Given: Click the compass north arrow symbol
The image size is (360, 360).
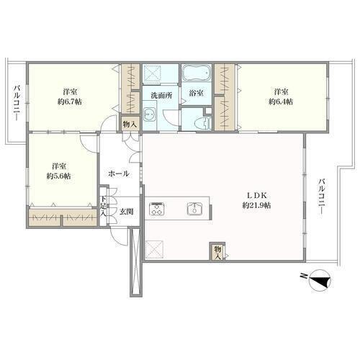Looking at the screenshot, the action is point(320,281).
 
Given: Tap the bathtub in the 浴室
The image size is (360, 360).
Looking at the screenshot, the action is point(197,73).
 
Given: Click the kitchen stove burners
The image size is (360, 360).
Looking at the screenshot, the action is point(157,209).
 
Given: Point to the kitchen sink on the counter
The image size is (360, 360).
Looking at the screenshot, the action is point(194,209).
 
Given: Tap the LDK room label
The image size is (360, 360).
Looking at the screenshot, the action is point(257,196).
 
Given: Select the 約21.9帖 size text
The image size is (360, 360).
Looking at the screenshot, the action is point(256,205).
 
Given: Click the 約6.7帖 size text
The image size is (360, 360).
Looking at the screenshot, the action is point(70,102).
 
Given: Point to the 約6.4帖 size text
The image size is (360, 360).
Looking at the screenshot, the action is point(281,102).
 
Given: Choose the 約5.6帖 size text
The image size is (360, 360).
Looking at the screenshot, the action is point(58,176).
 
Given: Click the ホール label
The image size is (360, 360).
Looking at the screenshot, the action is point(119,174).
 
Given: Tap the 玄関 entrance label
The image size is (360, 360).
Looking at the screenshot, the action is point(126,212).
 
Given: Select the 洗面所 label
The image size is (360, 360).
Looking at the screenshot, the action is point(161,96).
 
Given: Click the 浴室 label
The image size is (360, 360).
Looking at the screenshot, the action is point(197,94).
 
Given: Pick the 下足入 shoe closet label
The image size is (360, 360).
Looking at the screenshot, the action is point(103,206).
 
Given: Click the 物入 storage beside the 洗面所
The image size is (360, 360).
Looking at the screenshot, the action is point(130,125).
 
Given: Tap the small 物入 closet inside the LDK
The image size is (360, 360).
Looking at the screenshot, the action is point(217,253).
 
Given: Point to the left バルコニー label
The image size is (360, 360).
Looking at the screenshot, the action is point(17,103).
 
